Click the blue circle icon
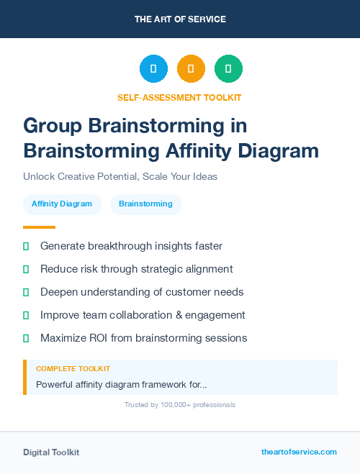153,69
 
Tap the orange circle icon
191,69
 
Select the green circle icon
228,69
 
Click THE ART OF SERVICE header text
180,19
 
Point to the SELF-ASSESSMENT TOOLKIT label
179,97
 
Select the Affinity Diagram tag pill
62,204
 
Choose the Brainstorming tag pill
145,204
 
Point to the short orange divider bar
39,227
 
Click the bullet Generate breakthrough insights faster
131,246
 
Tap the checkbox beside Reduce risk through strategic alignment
26,269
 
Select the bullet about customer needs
142,292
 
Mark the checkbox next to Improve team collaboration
26,315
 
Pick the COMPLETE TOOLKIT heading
73,368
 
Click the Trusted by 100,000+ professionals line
180,405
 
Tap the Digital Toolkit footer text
51,452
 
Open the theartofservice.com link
299,452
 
